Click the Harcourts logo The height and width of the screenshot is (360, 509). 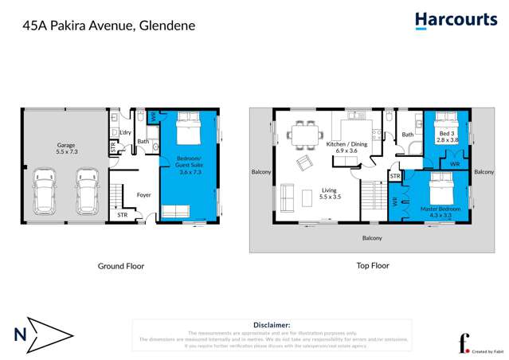(455, 21)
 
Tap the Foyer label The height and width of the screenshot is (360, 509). (144, 194)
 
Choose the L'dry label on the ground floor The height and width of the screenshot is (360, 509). (126, 132)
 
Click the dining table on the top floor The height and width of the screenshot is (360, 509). (303, 134)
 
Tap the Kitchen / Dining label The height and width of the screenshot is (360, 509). (347, 145)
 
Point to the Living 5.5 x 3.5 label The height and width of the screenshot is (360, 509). (330, 194)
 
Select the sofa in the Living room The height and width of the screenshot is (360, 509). (286, 198)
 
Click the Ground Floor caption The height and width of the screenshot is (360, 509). (121, 266)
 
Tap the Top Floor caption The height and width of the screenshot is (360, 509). (372, 266)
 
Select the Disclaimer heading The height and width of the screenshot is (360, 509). (272, 325)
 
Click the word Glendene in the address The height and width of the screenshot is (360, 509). (166, 25)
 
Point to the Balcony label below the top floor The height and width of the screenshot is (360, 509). (372, 238)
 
